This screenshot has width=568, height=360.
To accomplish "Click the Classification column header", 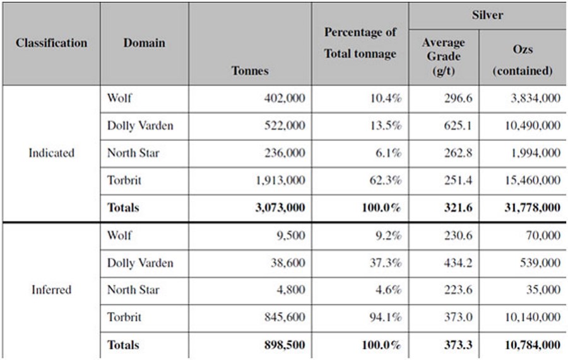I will [x=52, y=43].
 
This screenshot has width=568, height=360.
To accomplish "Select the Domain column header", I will [x=144, y=43].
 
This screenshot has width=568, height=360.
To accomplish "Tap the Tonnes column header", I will [x=250, y=70].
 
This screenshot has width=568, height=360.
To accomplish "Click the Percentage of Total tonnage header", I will [x=360, y=43].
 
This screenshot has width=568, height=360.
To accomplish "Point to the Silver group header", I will [x=487, y=15].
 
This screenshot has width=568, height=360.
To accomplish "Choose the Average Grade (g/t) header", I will [x=443, y=56].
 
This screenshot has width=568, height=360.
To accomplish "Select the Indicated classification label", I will [x=51, y=153].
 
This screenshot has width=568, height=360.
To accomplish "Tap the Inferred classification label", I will [x=51, y=290].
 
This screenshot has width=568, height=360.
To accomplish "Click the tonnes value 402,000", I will [x=284, y=99].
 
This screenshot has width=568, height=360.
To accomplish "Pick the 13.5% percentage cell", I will [x=386, y=126].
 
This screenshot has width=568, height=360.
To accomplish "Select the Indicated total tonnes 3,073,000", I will [x=278, y=208].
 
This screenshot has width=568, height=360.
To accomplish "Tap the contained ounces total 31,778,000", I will [x=528, y=208].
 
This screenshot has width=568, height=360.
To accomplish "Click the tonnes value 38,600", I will [x=288, y=263].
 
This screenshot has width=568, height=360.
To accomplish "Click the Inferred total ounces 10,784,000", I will [x=528, y=345].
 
